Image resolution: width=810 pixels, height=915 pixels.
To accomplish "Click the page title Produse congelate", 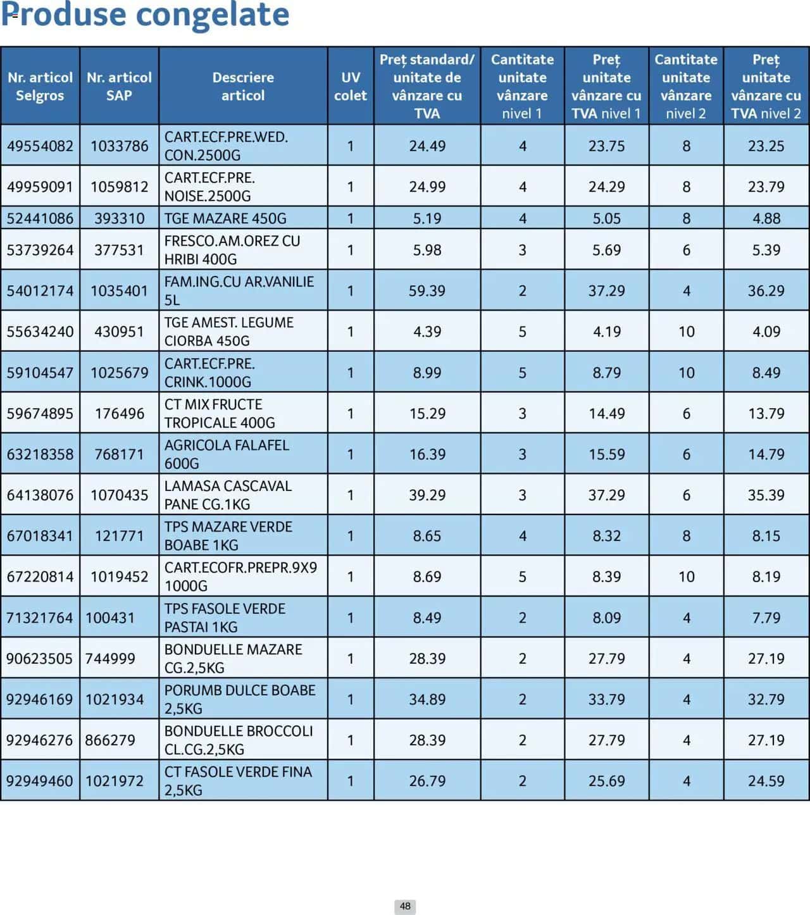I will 145,15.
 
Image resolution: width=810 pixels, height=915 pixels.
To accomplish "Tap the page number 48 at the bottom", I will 405,906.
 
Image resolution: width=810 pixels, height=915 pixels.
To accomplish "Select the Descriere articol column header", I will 243,86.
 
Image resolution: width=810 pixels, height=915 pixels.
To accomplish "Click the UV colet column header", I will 351,86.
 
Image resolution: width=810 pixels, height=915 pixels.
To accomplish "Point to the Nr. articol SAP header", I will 119,86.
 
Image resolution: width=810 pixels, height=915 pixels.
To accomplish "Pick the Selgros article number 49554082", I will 40,146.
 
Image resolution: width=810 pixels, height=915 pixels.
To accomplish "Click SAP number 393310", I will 119,218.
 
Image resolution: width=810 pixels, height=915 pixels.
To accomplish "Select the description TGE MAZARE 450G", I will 225,218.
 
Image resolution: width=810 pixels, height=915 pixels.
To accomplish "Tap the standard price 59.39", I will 427,290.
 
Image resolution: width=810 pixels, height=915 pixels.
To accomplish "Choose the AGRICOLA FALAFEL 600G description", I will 227,454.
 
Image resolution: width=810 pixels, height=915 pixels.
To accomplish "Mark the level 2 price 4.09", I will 766,331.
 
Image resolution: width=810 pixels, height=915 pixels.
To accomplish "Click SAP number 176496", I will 119,413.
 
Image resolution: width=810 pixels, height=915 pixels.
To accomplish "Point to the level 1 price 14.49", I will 606,413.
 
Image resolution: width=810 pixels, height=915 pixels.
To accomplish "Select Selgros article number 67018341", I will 40,535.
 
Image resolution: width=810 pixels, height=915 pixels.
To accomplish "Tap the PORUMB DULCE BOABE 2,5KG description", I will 240,699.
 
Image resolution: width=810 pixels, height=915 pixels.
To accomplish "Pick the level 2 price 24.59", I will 766,780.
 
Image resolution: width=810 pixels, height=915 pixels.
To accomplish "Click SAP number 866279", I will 110,740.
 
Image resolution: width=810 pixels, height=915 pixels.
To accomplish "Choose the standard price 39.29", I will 427,495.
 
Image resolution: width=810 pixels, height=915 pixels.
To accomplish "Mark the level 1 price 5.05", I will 606,218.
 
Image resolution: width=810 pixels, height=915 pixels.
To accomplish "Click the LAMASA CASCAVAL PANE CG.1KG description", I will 228,495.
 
